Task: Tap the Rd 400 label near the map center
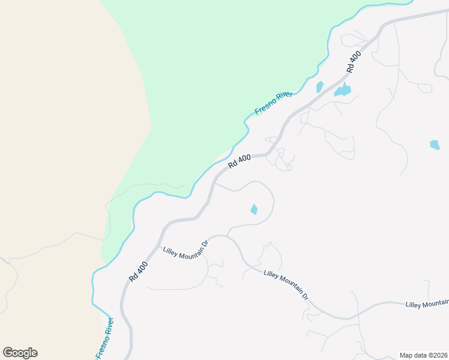pyautogui.click(x=240, y=161)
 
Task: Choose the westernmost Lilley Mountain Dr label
pyautogui.click(x=185, y=247)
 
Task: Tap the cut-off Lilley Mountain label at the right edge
pyautogui.click(x=427, y=305)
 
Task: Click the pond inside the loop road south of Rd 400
pyautogui.click(x=254, y=209)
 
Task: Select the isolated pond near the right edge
pyautogui.click(x=435, y=145)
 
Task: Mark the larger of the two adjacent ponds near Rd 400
pyautogui.click(x=343, y=91)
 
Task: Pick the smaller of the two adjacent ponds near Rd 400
pyautogui.click(x=319, y=87)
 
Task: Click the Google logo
pyautogui.click(x=20, y=353)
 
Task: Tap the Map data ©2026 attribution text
pyautogui.click(x=423, y=355)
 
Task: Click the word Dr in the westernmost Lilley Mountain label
pyautogui.click(x=204, y=243)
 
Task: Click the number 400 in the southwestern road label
pyautogui.click(x=140, y=269)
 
